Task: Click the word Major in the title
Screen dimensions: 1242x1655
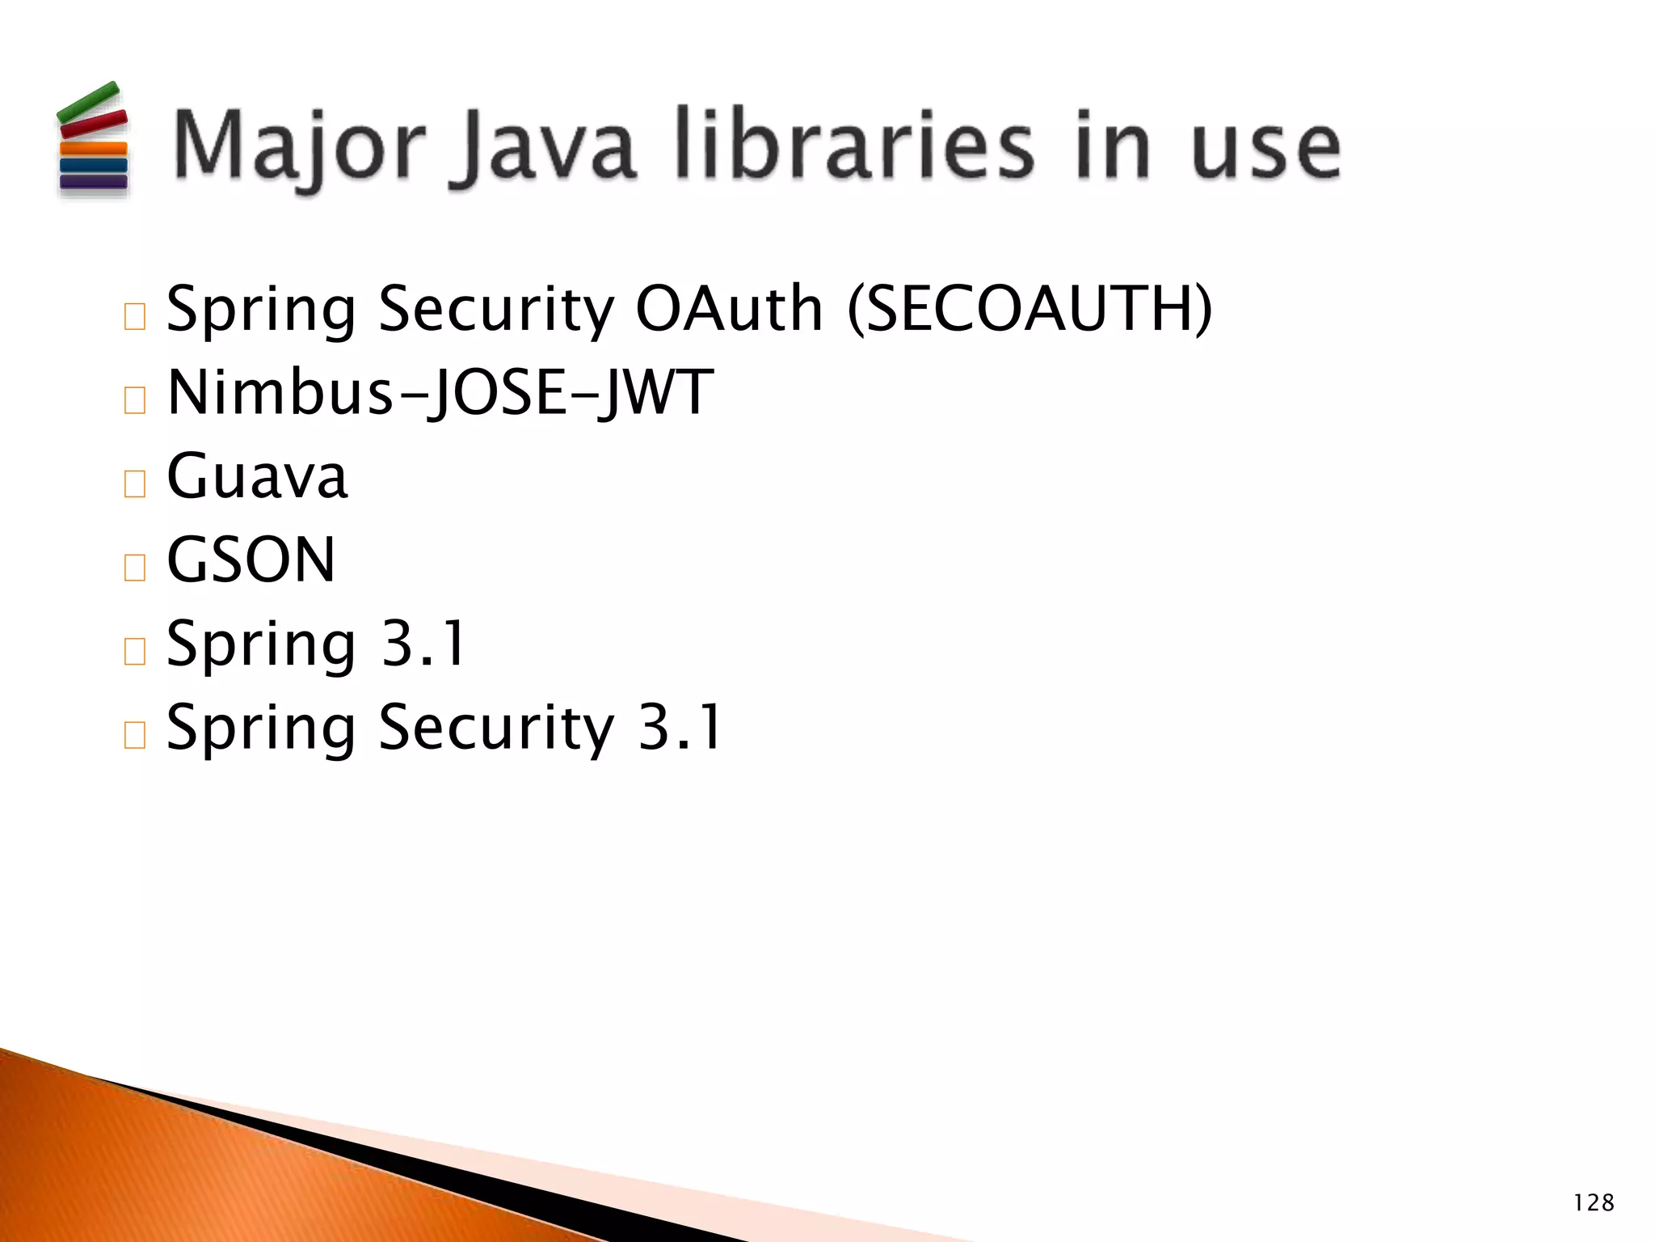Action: click(x=299, y=146)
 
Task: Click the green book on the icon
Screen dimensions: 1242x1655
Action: click(x=87, y=102)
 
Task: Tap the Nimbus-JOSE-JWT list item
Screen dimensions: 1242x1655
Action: click(x=440, y=393)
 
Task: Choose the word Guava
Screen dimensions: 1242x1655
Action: click(x=257, y=476)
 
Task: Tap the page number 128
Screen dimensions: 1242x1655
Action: click(x=1594, y=1202)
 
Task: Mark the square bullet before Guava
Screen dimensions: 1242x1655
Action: click(x=135, y=484)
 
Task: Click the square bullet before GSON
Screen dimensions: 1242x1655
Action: click(x=135, y=568)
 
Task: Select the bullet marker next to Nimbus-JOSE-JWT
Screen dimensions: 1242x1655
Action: click(x=135, y=400)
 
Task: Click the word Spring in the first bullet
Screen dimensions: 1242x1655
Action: click(x=261, y=310)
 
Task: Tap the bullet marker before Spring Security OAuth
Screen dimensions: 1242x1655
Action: click(x=135, y=316)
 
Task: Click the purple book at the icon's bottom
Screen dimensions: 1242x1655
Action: click(x=93, y=182)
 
